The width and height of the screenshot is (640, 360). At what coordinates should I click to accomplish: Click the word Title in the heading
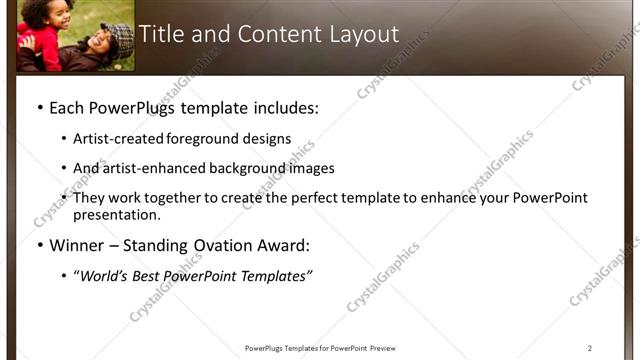pyautogui.click(x=160, y=34)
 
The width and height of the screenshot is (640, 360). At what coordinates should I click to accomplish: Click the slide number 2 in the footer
pyautogui.click(x=589, y=348)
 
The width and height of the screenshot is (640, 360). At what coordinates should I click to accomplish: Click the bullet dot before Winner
pyautogui.click(x=39, y=245)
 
